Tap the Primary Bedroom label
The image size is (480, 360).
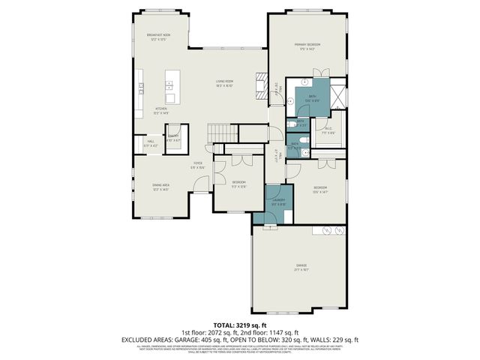(308, 45)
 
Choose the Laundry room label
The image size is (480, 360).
(274, 198)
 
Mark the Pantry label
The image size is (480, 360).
(174, 136)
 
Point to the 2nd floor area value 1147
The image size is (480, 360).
(285, 331)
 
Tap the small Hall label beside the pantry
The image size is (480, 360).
(151, 141)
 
